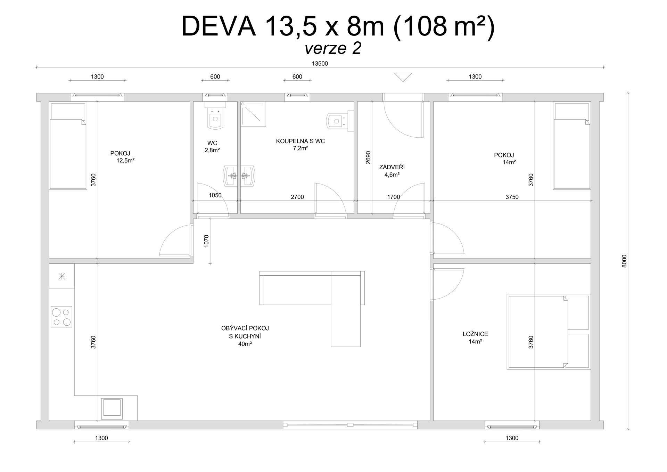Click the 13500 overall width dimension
coord(320,64)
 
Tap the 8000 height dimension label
coord(624,261)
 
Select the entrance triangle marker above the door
coord(403,77)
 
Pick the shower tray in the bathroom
coord(254,114)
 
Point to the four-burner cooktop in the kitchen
coord(61,316)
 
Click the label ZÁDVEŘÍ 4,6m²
coord(392,171)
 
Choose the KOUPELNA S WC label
coord(300,145)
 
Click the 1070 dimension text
coord(206,241)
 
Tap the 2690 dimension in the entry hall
coord(368,157)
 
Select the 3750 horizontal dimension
coord(512,197)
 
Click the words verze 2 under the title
coord(333,48)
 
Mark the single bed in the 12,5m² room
coord(68,146)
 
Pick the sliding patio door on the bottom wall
coord(350,425)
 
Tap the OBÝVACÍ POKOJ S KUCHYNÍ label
coord(245,336)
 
